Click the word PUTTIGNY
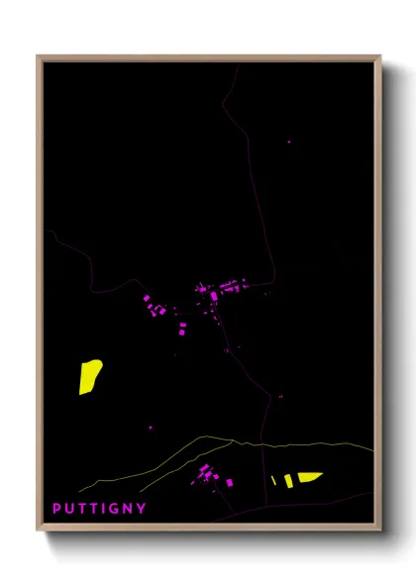99,509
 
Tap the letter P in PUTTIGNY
57,509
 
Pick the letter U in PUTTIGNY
69,509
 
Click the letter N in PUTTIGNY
128,509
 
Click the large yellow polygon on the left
90,376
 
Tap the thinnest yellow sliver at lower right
273,481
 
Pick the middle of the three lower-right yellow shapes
288,480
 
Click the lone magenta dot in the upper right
289,142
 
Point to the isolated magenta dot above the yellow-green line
151,428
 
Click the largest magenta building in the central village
213,295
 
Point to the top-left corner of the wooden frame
39,56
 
